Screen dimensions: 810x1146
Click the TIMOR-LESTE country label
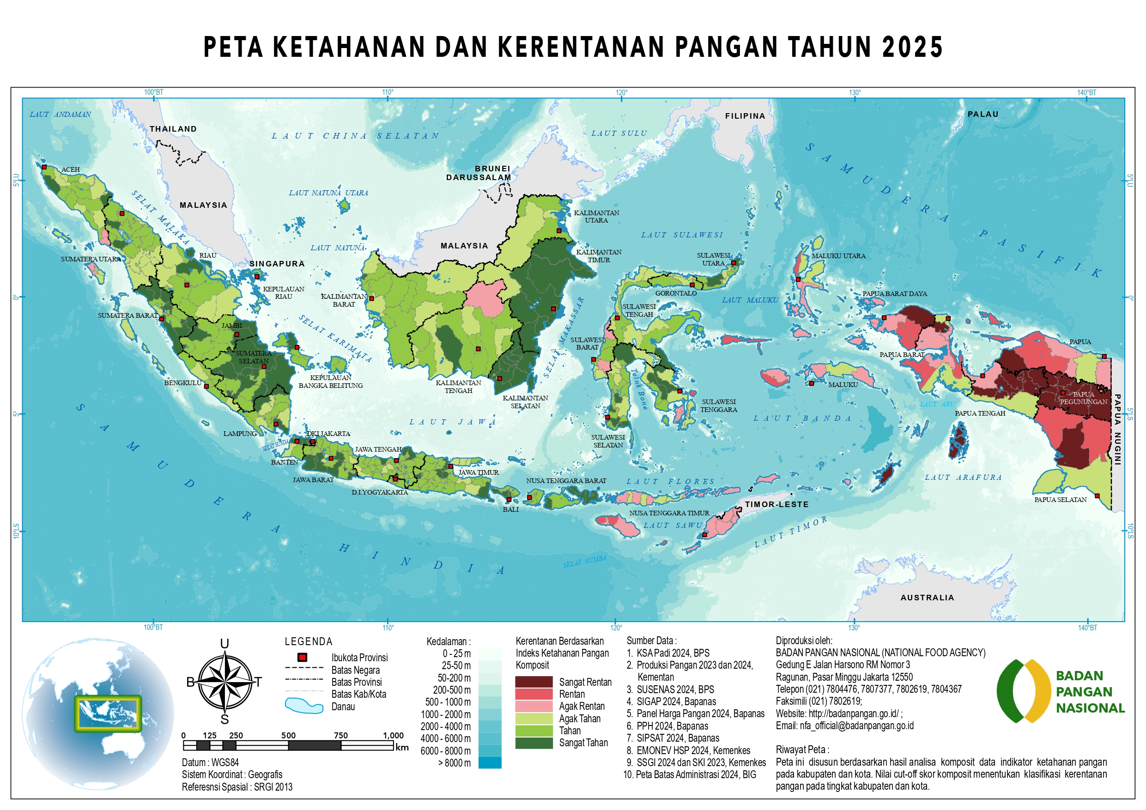point(776,504)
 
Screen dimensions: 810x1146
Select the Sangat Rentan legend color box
point(534,682)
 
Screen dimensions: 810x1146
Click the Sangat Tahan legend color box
point(534,743)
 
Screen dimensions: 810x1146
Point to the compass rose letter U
point(224,643)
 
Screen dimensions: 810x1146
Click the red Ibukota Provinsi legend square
point(302,657)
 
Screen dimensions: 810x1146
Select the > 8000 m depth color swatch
point(489,762)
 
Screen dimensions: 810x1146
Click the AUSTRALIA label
point(927,598)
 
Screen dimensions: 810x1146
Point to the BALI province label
point(510,509)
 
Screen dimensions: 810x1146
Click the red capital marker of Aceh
point(44,167)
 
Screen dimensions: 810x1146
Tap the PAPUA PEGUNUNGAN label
point(1084,398)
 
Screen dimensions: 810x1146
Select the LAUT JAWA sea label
point(452,422)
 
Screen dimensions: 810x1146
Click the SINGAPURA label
point(277,264)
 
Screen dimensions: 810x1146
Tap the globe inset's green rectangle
point(108,713)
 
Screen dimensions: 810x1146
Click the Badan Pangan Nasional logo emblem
point(1023,691)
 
